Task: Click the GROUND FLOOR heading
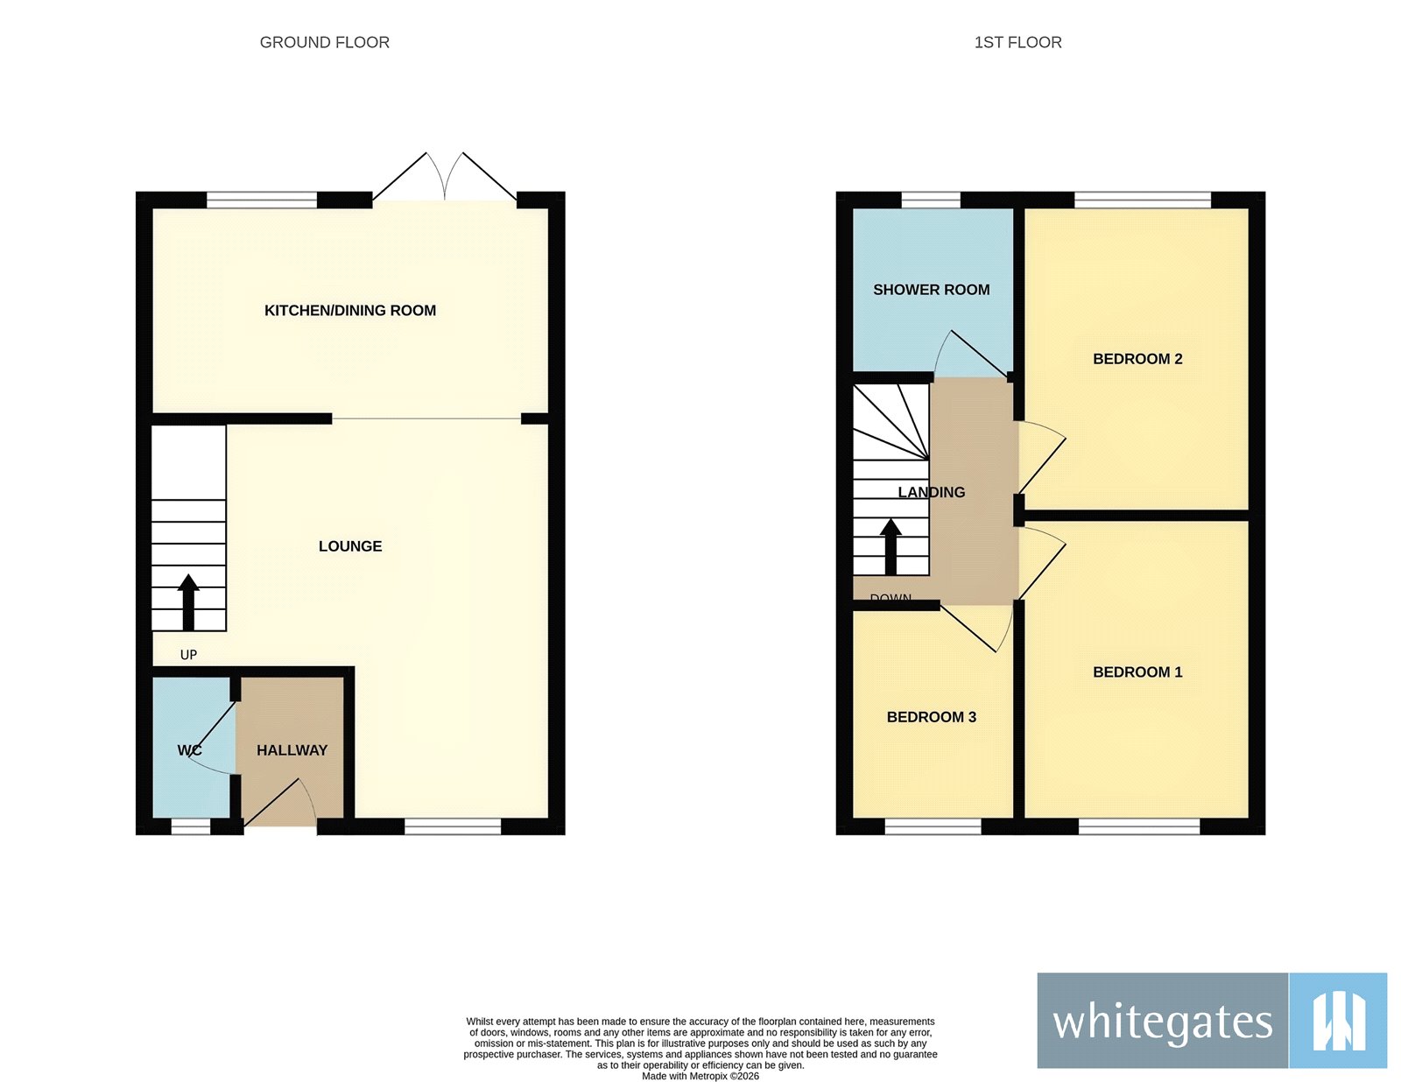pos(324,42)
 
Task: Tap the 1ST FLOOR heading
pos(1017,42)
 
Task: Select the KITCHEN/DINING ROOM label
pos(350,311)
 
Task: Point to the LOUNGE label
pos(350,546)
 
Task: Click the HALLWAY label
pos(292,750)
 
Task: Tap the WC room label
pos(189,750)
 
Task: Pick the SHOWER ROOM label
pos(931,290)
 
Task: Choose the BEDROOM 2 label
pos(1137,359)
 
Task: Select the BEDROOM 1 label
pos(1137,672)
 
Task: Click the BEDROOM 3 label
pos(931,717)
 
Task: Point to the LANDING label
pos(932,492)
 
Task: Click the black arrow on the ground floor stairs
pos(188,601)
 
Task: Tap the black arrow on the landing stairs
pos(891,545)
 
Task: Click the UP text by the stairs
pos(188,655)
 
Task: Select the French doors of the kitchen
pos(445,179)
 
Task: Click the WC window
pos(190,826)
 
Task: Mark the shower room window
pos(931,200)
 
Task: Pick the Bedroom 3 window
pos(933,826)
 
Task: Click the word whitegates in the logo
pos(1162,1022)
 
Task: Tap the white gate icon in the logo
pos(1338,1021)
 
